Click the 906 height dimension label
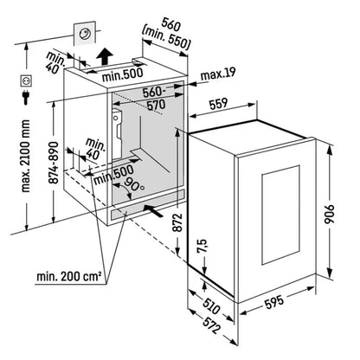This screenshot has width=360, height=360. tap(330, 215)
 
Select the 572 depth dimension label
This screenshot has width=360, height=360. tap(211, 325)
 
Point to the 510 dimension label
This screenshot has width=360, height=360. tap(211, 306)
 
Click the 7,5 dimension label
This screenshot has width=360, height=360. tap(202, 246)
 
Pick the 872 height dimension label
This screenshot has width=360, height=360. tap(178, 222)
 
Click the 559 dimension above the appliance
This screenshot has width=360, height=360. tap(218, 104)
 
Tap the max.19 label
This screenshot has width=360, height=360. tap(218, 74)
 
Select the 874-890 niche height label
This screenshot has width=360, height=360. tap(54, 163)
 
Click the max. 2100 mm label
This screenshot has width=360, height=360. tap(25, 156)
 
